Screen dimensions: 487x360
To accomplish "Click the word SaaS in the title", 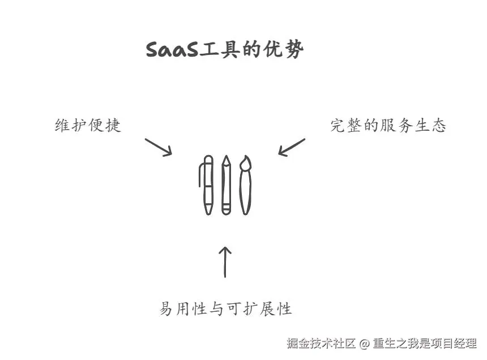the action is click(172, 50).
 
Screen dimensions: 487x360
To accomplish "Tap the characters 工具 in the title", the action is click(219, 50).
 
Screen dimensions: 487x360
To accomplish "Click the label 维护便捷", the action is click(88, 126).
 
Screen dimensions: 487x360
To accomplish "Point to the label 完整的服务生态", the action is click(388, 126).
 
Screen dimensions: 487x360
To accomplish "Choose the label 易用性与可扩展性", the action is click(225, 309).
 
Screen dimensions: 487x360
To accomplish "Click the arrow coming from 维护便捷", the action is click(158, 146).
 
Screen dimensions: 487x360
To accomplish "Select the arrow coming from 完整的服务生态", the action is click(292, 147).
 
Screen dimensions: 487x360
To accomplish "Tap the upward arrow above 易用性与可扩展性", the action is click(225, 262).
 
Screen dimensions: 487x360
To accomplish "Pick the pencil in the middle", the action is click(227, 185).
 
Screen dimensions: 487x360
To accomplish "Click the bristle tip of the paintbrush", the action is click(245, 164).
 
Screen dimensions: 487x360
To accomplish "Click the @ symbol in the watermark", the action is click(365, 343).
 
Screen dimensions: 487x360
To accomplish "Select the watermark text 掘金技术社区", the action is click(321, 343).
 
